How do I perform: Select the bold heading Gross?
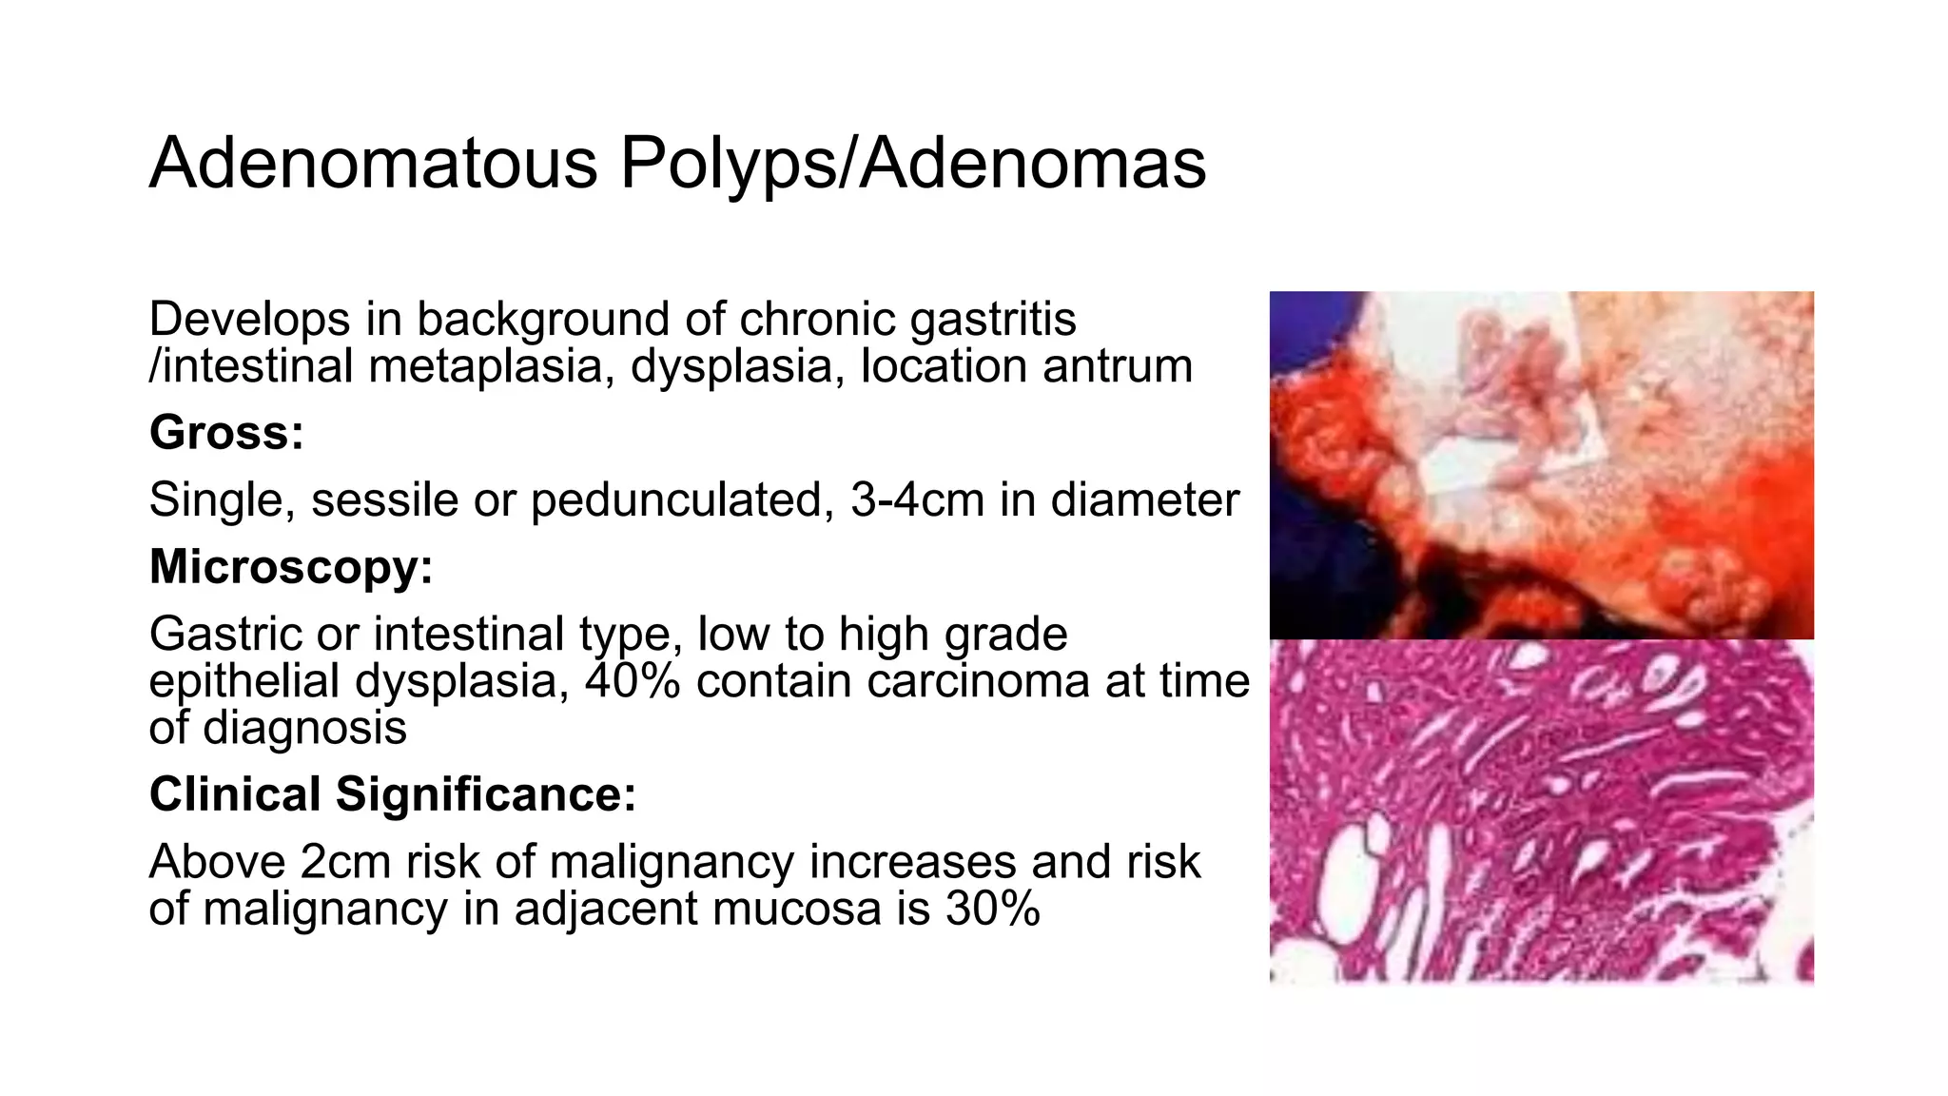226,433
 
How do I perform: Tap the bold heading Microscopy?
291,567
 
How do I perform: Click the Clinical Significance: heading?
392,794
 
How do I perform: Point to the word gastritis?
993,319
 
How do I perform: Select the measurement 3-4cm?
917,500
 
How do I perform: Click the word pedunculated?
682,500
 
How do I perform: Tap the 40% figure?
633,681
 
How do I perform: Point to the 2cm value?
345,862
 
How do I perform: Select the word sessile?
384,500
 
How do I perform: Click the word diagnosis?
304,728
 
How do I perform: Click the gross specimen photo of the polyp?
1541,466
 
